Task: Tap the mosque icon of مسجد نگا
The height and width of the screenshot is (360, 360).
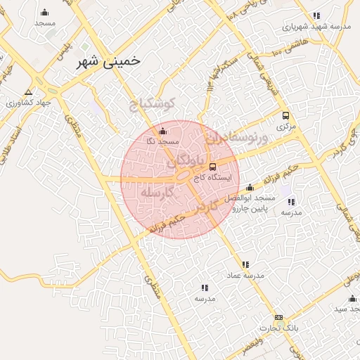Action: pos(163,131)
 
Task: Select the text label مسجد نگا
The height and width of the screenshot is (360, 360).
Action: pos(160,141)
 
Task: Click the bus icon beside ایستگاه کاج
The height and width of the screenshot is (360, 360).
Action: pos(213,166)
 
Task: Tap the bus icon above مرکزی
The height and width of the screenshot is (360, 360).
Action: pos(285,116)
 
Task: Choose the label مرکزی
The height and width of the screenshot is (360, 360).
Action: pos(285,127)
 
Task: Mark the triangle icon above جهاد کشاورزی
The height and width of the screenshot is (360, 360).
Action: pos(28,92)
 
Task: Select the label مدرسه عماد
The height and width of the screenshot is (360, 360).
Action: pos(245,275)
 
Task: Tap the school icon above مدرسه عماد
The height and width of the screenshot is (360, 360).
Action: pos(245,264)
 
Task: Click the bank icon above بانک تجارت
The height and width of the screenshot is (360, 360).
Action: pos(278,318)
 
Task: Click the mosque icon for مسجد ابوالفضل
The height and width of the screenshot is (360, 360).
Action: pos(250,188)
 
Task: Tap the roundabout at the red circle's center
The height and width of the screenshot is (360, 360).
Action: pos(181,176)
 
